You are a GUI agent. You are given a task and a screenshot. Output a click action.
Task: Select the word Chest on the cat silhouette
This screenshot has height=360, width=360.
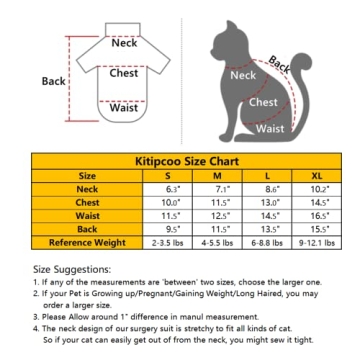263,102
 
